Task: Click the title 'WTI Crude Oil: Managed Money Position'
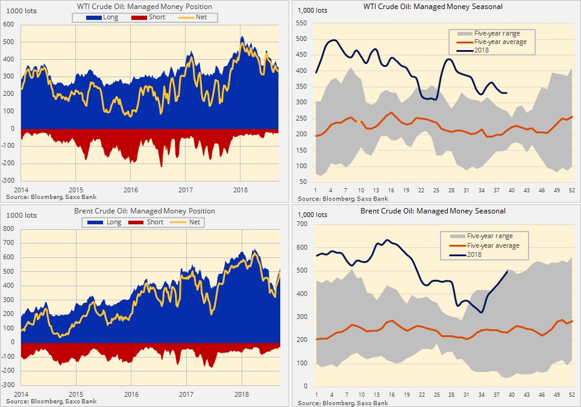tap(145, 7)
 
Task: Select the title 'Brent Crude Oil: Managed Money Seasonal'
tap(433, 211)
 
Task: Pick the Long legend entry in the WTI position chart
tap(105, 17)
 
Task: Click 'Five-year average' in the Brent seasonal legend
tap(489, 245)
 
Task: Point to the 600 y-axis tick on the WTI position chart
tap(8, 25)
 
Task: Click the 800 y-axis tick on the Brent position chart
tap(8, 229)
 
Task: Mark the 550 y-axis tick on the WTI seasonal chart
tap(301, 24)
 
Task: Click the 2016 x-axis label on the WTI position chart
tap(131, 189)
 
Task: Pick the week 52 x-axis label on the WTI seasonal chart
tap(571, 191)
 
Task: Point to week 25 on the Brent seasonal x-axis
tap(436, 394)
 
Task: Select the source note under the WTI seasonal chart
tap(342, 198)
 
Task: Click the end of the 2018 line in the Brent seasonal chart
tap(507, 272)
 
